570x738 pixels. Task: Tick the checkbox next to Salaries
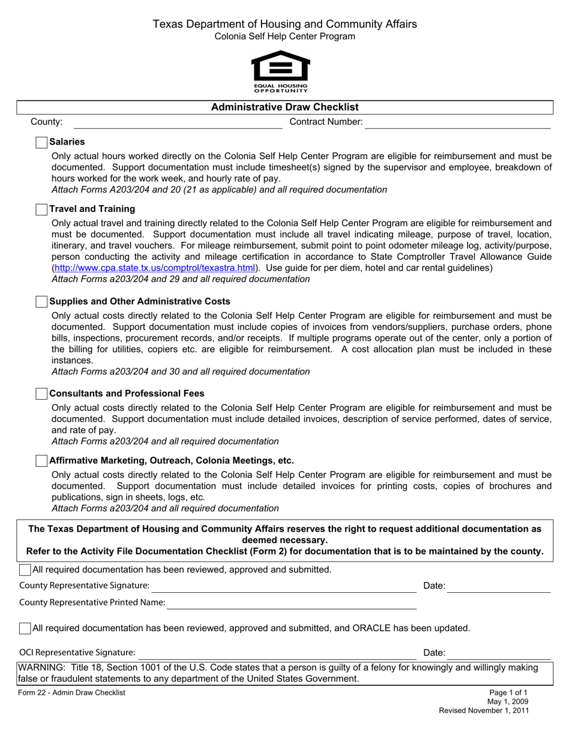click(41, 143)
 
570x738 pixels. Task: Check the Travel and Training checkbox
click(41, 209)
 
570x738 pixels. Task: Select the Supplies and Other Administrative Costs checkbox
click(41, 302)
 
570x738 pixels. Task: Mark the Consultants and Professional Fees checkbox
click(41, 394)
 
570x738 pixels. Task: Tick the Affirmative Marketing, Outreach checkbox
click(41, 461)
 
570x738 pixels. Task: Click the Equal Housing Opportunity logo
click(280, 71)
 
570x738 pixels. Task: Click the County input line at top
click(177, 123)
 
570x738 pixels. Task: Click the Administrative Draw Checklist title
click(284, 107)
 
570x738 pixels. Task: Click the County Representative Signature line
click(283, 587)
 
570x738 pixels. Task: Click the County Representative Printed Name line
click(291, 604)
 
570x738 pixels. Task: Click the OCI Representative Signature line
click(277, 653)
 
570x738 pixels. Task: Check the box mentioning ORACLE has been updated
click(25, 629)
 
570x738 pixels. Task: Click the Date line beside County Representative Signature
click(499, 587)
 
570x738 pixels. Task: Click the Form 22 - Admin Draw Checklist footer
click(72, 693)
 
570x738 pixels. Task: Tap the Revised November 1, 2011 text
click(484, 711)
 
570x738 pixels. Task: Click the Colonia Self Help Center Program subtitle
click(284, 37)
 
